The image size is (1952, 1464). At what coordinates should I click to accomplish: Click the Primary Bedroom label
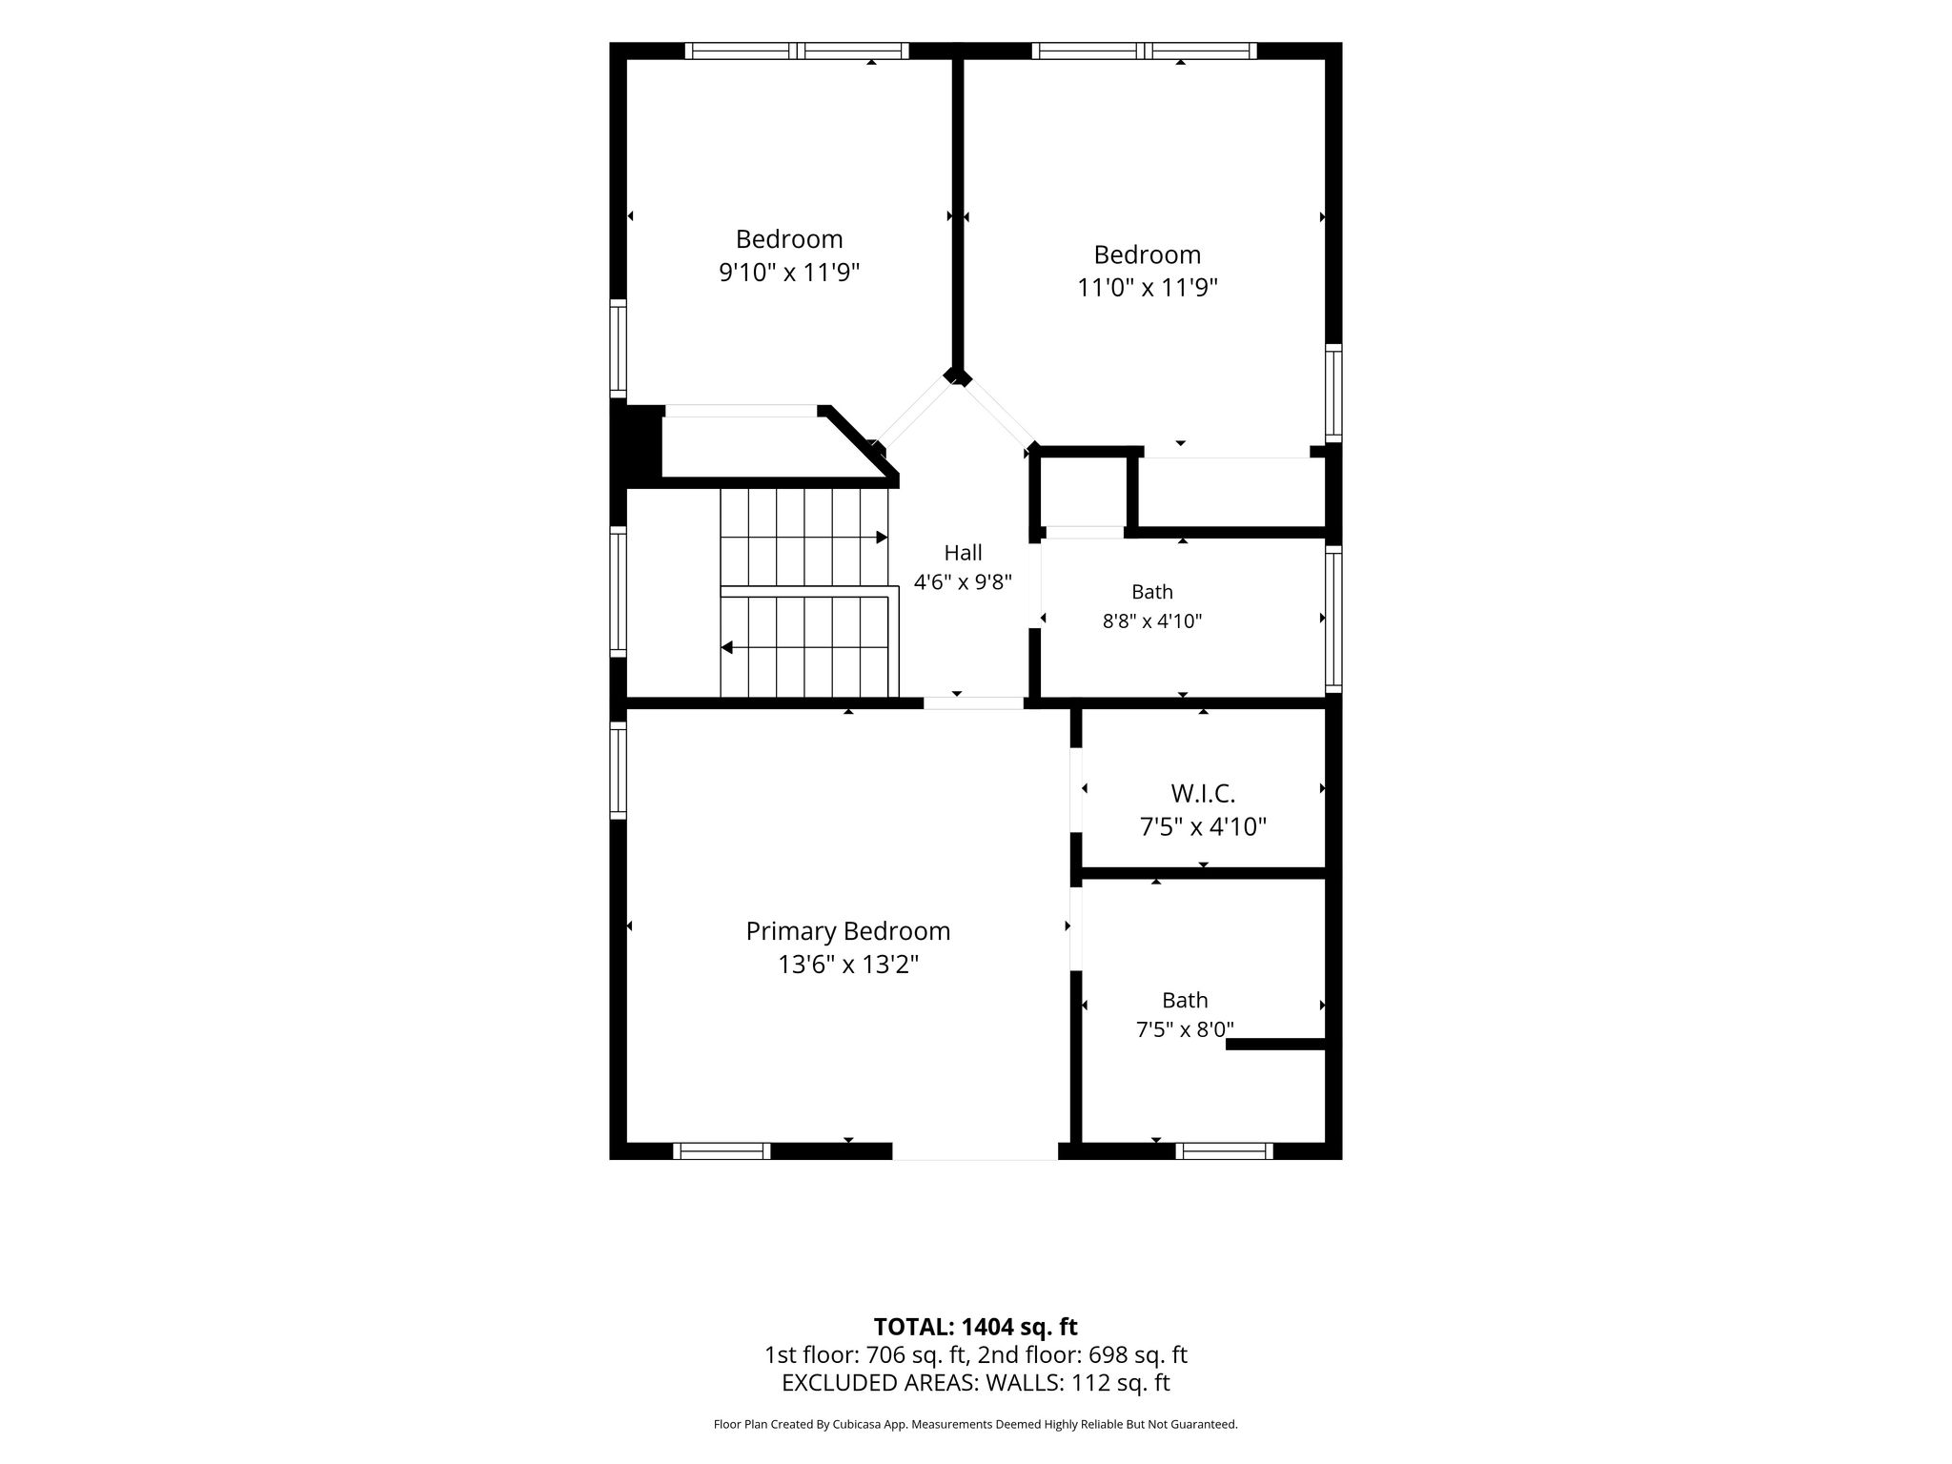pyautogui.click(x=847, y=931)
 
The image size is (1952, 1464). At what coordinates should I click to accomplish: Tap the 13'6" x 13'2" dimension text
pyautogui.click(x=847, y=965)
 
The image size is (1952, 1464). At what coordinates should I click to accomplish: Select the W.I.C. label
pyautogui.click(x=1203, y=793)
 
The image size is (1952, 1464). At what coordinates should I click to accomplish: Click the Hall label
pyautogui.click(x=963, y=553)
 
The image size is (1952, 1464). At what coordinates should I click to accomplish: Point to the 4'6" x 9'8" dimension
pyautogui.click(x=963, y=581)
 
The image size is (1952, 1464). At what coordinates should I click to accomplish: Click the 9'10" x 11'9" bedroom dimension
pyautogui.click(x=789, y=273)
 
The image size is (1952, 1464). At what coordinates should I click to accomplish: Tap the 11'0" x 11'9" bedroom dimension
pyautogui.click(x=1148, y=288)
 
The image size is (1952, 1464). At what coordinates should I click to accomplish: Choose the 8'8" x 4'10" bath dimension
pyautogui.click(x=1152, y=621)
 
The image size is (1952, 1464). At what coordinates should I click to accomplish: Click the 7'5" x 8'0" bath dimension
pyautogui.click(x=1185, y=1029)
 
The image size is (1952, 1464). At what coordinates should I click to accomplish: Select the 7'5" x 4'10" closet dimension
pyautogui.click(x=1203, y=826)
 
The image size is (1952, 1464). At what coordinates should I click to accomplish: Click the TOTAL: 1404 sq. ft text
pyautogui.click(x=976, y=1326)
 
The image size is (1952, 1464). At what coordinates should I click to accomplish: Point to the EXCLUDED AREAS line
pyautogui.click(x=976, y=1383)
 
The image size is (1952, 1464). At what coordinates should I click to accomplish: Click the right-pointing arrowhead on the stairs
pyautogui.click(x=883, y=538)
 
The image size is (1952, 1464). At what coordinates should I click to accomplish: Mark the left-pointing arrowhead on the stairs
pyautogui.click(x=726, y=648)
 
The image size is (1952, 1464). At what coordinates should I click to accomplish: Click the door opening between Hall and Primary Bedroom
pyautogui.click(x=973, y=703)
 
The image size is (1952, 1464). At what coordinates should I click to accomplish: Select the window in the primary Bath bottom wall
pyautogui.click(x=1224, y=1150)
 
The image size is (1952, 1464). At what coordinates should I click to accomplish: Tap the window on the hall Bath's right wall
pyautogui.click(x=1333, y=619)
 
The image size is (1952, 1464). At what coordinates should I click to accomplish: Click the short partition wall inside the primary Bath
pyautogui.click(x=1275, y=1045)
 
